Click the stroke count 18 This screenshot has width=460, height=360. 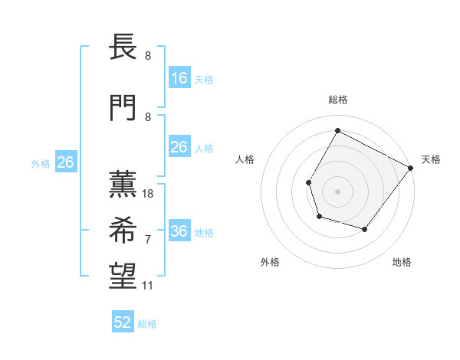click(x=149, y=194)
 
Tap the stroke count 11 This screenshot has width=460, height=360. click(x=148, y=286)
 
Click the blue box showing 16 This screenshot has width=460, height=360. click(x=179, y=78)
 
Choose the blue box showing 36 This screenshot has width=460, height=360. click(x=179, y=231)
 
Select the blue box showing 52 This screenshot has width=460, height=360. click(x=123, y=322)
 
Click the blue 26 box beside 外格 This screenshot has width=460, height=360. click(x=65, y=162)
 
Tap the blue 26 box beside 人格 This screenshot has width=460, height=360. click(x=179, y=147)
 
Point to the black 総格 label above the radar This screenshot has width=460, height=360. click(x=337, y=100)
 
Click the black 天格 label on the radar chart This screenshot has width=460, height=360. click(x=432, y=159)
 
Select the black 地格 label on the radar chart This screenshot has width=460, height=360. click(x=402, y=263)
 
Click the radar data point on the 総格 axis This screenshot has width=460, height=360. click(x=337, y=130)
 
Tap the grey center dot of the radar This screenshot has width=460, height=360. click(x=337, y=191)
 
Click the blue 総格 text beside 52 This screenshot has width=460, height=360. click(x=147, y=324)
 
